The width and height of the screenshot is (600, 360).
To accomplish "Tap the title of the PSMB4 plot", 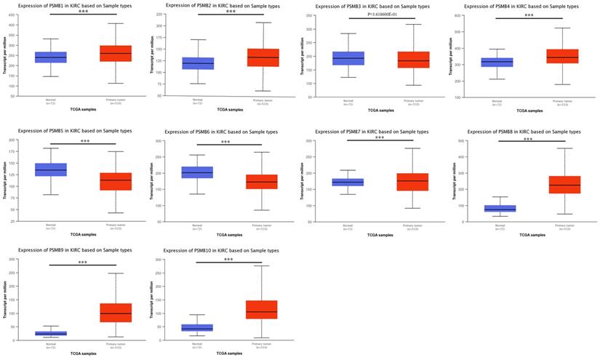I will pos(521,6).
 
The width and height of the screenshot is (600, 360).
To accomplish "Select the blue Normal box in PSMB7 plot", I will pos(347,182).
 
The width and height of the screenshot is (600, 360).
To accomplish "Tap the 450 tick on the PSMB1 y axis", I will pos(11,15).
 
